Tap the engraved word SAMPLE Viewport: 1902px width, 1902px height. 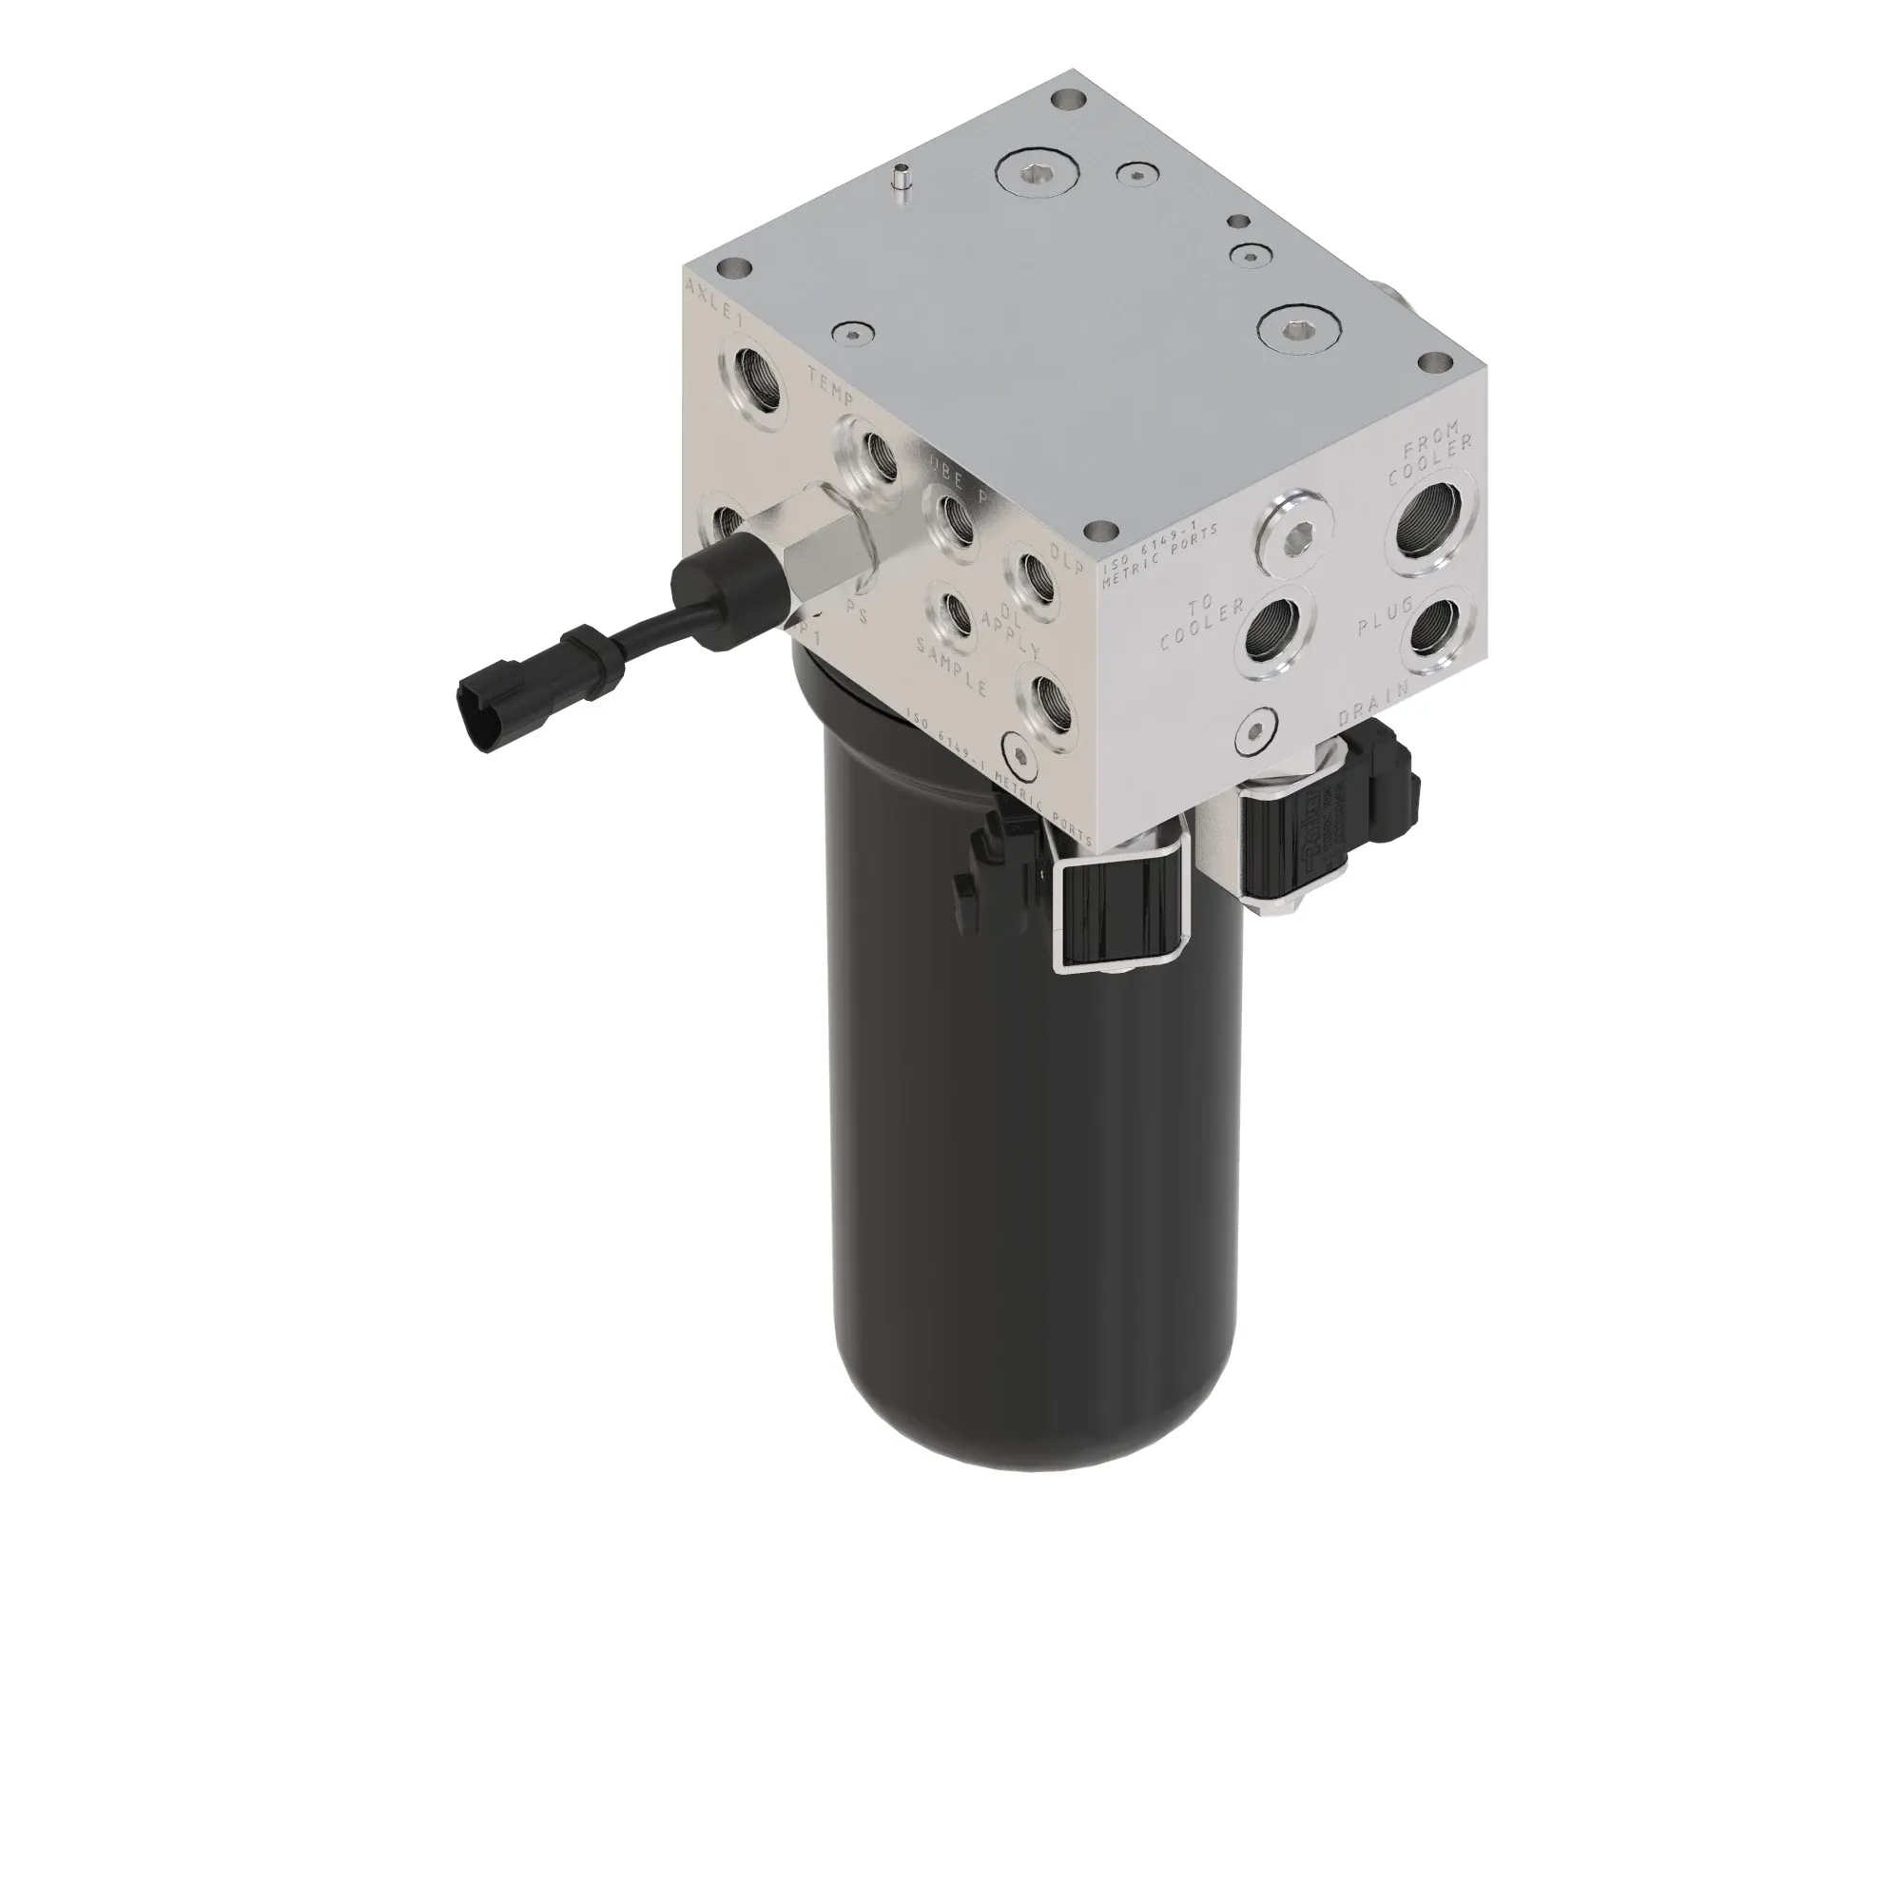pyautogui.click(x=951, y=667)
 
